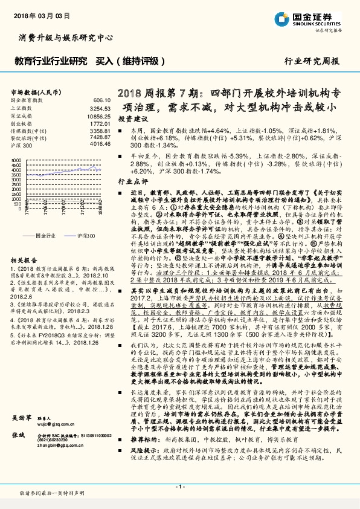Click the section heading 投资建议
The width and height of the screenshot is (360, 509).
pyautogui.click(x=132, y=118)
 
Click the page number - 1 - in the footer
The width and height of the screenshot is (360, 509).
pyautogui.click(x=179, y=486)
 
